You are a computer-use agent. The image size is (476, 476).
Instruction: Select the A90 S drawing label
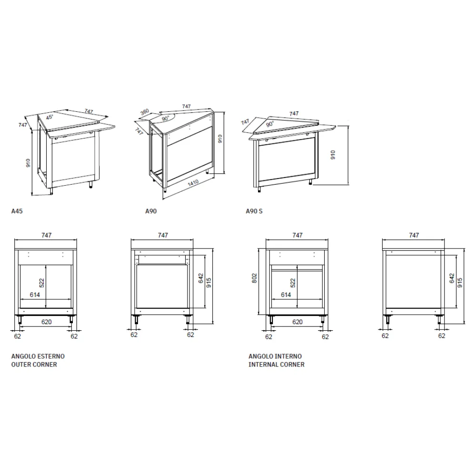click(x=254, y=211)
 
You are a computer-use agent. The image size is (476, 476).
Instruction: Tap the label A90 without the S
click(x=150, y=211)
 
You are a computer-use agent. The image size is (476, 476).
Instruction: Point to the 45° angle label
click(x=50, y=117)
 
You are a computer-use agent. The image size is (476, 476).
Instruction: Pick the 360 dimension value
click(x=145, y=112)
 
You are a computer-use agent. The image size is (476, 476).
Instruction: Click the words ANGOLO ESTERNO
click(x=38, y=356)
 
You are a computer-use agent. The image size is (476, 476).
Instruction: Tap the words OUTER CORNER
click(x=34, y=365)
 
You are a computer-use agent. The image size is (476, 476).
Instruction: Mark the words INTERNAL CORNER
click(x=277, y=365)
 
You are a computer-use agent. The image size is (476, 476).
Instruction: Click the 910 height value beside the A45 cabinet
click(x=29, y=164)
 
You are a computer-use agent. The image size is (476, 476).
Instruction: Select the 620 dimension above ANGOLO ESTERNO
click(x=46, y=322)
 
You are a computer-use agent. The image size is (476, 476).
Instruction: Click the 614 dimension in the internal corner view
click(x=286, y=295)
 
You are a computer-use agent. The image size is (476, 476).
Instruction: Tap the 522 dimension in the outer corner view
click(x=42, y=283)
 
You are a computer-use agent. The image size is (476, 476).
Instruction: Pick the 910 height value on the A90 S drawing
click(x=333, y=155)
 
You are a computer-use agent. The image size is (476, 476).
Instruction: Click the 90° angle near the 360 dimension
click(x=165, y=118)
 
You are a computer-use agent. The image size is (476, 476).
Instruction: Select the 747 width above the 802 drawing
click(x=297, y=235)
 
